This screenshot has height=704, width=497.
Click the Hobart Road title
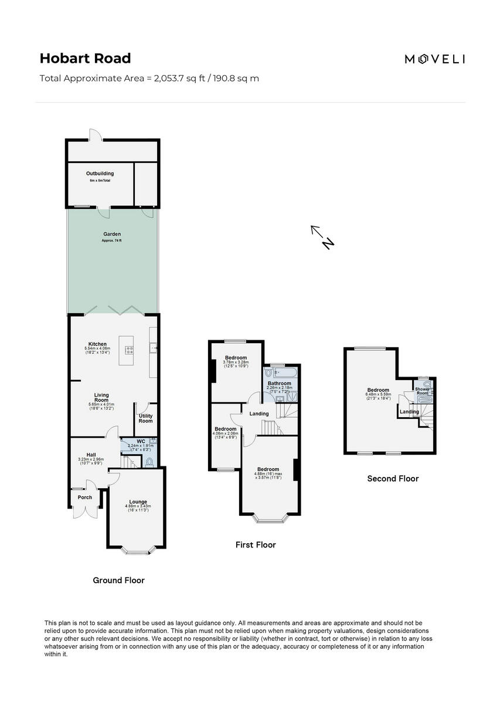click(85, 58)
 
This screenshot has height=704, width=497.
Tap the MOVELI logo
click(435, 59)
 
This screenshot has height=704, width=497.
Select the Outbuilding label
click(100, 174)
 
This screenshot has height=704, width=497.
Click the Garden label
click(112, 234)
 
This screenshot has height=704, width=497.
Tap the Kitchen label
click(97, 344)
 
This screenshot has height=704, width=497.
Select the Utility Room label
click(145, 418)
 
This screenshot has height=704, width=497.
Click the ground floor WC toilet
click(149, 462)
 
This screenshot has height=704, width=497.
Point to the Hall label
click(91, 455)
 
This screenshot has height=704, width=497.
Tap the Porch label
click(85, 497)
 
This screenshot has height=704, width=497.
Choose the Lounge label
click(138, 502)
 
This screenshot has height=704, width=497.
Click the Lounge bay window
click(138, 551)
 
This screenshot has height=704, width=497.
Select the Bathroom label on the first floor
click(280, 383)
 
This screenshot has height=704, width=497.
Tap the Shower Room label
click(422, 391)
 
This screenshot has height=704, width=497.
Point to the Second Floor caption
click(393, 479)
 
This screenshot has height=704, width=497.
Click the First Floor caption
click(256, 545)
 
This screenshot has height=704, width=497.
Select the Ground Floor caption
click(118, 580)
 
